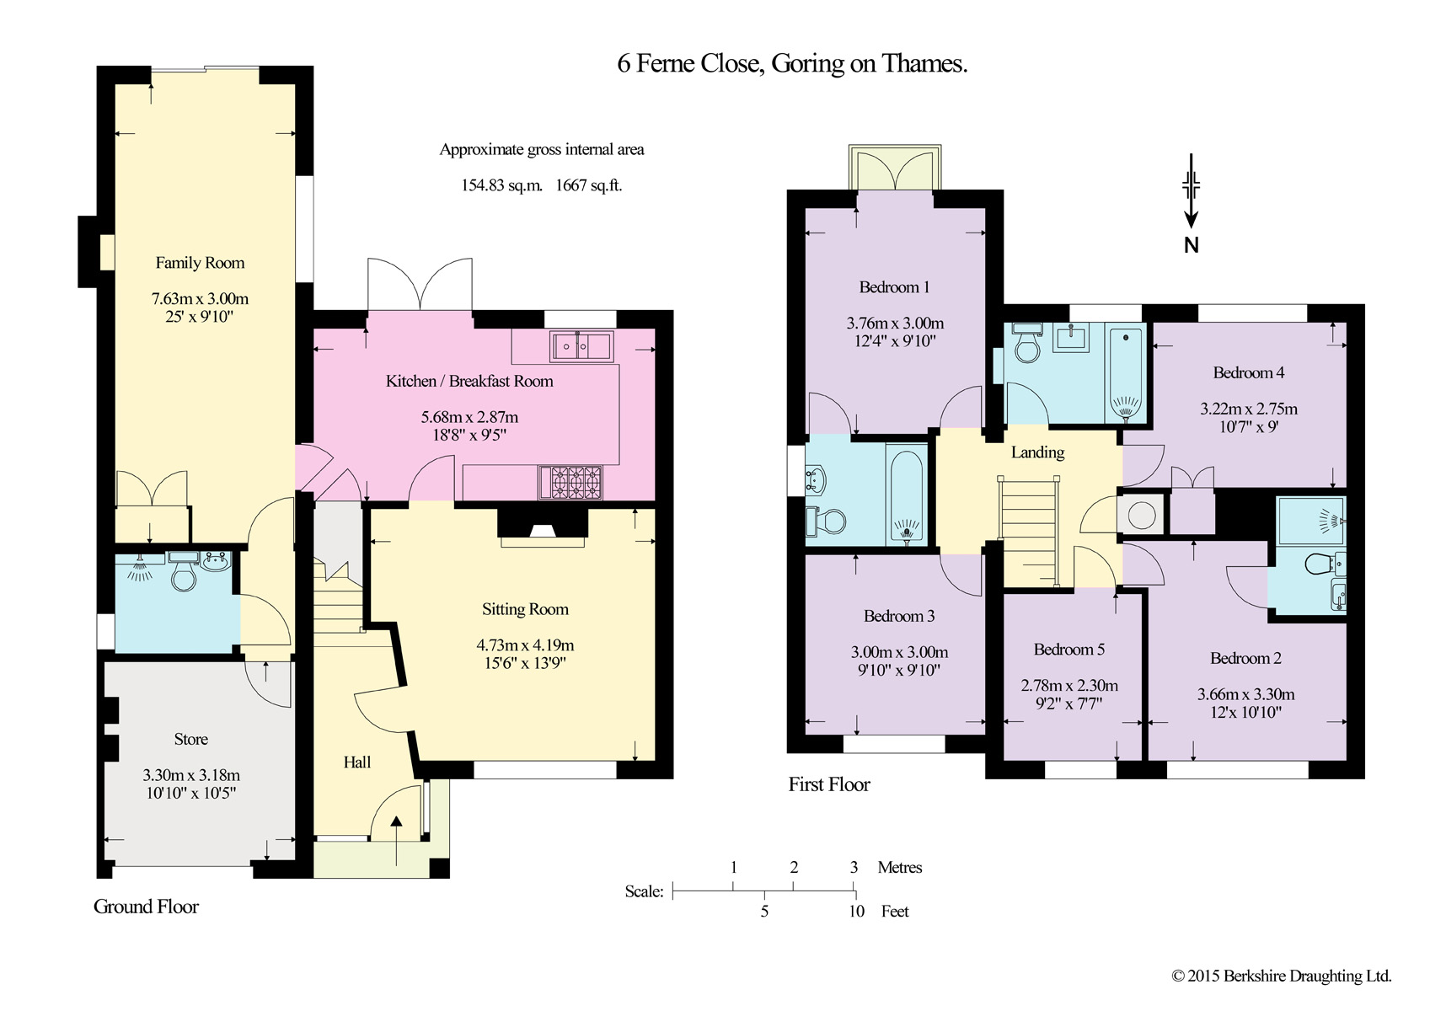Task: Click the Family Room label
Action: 200,263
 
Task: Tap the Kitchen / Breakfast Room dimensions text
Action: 469,425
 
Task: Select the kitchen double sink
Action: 581,346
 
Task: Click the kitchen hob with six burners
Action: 570,483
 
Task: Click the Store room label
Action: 191,739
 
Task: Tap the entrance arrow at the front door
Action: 396,841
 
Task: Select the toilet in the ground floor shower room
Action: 183,573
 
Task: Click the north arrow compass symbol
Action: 1191,190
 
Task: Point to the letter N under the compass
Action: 1192,245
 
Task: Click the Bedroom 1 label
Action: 894,287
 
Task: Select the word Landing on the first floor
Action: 1037,452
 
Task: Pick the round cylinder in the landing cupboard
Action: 1142,515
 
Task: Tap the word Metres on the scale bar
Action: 899,868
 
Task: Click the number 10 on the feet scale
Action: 856,912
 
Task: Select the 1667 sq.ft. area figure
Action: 588,185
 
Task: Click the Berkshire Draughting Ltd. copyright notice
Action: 1282,976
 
